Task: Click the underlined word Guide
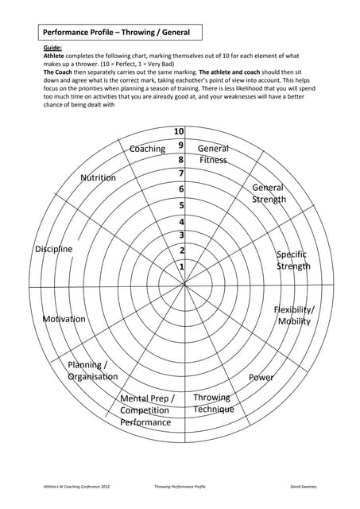click(52, 49)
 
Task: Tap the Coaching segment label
click(147, 149)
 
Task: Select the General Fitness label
click(212, 154)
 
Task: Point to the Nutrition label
click(98, 177)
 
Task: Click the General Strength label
click(268, 193)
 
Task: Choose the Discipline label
click(53, 249)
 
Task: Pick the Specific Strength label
click(292, 260)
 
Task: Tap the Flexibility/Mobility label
click(294, 315)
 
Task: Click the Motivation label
click(64, 319)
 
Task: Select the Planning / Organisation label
click(92, 371)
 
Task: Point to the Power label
click(261, 377)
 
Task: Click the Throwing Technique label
click(213, 403)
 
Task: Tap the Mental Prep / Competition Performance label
click(146, 410)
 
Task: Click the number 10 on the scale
click(179, 132)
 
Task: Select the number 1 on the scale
click(182, 267)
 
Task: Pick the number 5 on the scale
click(181, 205)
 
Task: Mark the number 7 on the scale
click(181, 173)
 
